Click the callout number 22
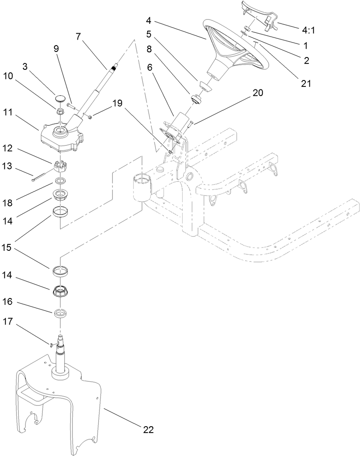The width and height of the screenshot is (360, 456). [148, 430]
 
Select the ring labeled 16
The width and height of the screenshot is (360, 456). [60, 313]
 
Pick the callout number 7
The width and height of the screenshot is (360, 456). [78, 37]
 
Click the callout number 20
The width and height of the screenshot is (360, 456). [257, 93]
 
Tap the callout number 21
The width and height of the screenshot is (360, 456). [306, 83]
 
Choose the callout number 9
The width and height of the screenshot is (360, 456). [56, 48]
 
